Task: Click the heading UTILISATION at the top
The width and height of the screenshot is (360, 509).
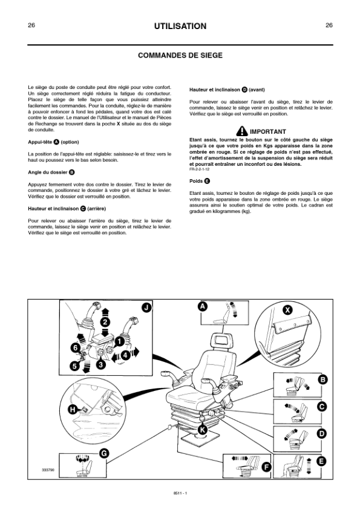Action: coord(180,26)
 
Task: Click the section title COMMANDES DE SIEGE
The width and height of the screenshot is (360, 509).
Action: coord(180,56)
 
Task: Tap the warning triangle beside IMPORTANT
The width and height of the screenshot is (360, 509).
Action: coord(242,131)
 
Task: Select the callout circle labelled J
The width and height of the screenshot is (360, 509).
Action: coord(147,307)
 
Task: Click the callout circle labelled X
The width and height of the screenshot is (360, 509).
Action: coord(287,310)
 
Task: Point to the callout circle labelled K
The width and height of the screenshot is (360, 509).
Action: coord(203,430)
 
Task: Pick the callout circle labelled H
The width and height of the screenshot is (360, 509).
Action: coord(73,410)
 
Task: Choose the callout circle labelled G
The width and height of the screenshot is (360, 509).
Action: coord(103,453)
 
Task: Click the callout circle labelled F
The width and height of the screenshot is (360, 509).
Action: coord(266,467)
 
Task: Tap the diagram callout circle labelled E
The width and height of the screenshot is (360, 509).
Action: coord(321,461)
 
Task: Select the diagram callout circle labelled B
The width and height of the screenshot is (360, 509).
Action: coord(322,379)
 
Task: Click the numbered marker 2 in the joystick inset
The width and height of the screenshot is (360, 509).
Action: coord(105,323)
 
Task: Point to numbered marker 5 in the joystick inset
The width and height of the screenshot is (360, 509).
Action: coord(74,366)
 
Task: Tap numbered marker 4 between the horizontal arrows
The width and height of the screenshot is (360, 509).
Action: coord(125,355)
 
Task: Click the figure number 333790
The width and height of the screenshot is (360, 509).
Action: coord(47,470)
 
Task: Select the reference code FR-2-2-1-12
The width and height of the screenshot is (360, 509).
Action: coord(199,169)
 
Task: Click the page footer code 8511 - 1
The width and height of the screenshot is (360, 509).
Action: coord(180,493)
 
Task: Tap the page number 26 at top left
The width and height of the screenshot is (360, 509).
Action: coord(31,25)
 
